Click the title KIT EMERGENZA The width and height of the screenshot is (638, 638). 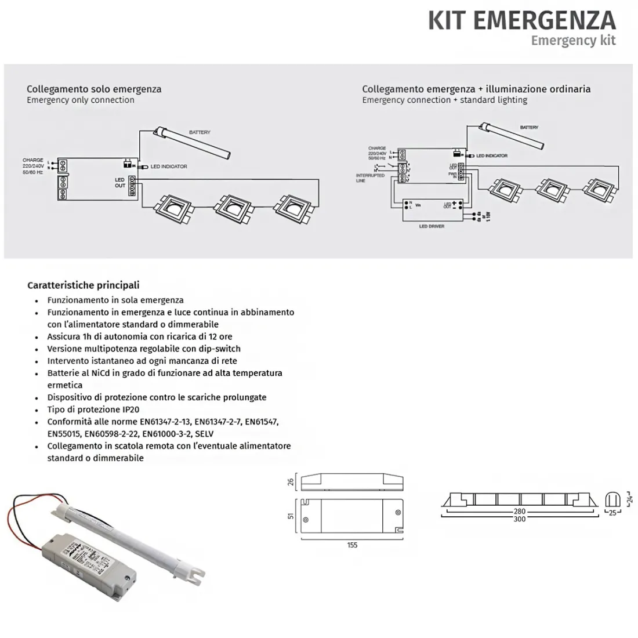coord(521,20)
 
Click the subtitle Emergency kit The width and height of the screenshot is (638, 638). coord(573,41)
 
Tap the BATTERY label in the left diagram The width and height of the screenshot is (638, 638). coord(200,132)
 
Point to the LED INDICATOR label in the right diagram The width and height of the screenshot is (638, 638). coord(492,155)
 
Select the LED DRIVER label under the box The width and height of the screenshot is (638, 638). coord(432,226)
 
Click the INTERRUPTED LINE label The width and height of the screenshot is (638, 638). coord(370,177)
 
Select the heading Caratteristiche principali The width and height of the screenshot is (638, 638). coord(83,285)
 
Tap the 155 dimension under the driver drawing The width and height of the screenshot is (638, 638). coord(352,545)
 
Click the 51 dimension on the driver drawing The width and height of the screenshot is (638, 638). coord(291,516)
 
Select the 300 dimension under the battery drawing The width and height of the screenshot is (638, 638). coord(519,519)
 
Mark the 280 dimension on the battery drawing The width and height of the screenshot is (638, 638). coord(519,512)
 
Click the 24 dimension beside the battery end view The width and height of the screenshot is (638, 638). coord(630,498)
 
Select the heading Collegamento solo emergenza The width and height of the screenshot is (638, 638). coord(94,89)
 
